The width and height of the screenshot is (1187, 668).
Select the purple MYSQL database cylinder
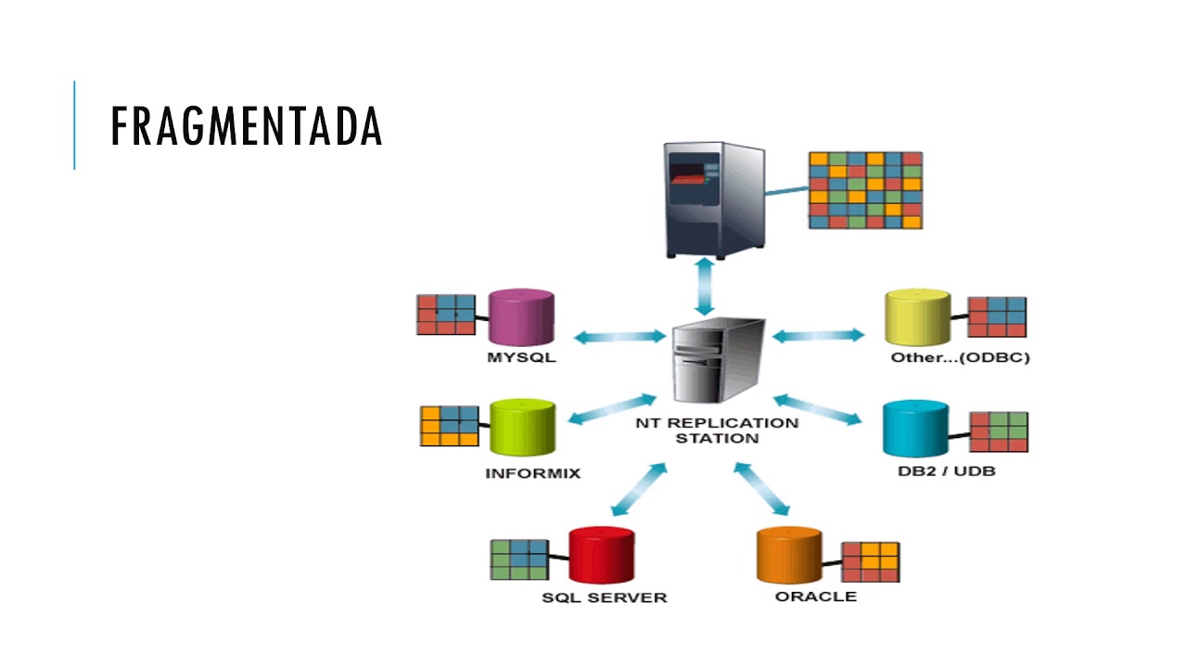point(521,317)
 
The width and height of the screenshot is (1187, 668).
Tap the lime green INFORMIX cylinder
point(522,428)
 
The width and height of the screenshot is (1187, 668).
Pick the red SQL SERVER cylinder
point(602,555)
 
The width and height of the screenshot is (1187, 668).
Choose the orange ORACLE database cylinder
point(789,555)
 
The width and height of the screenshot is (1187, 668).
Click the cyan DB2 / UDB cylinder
point(915,429)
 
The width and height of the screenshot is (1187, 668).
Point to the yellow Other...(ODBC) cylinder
point(918,317)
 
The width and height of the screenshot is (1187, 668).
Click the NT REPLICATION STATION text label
point(717,430)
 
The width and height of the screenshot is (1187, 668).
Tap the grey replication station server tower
point(718,360)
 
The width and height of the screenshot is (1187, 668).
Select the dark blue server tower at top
point(714,199)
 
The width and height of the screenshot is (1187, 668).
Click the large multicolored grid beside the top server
point(866,190)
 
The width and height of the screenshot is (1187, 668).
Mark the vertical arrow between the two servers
point(706,287)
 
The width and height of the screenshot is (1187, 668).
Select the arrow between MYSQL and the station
point(620,337)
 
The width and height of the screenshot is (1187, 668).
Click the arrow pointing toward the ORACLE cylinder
point(762,489)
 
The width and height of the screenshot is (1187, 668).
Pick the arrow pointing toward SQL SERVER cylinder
point(639,489)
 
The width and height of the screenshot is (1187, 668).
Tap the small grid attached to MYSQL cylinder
point(446,315)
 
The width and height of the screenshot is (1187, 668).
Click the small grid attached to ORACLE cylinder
point(871,562)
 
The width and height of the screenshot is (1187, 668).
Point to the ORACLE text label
point(816,597)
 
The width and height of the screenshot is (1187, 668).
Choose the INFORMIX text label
point(533,473)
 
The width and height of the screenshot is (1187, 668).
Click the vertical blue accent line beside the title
point(74,125)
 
